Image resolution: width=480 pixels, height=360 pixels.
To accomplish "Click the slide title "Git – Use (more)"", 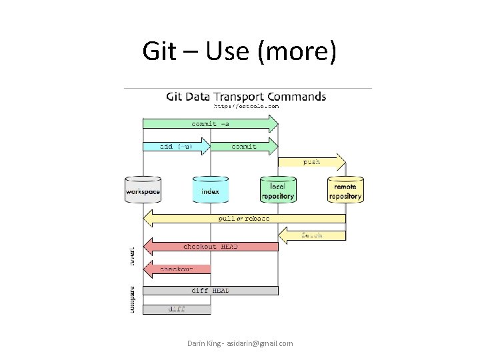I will click(239, 51).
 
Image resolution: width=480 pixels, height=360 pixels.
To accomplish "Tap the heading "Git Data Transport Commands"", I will click(246, 97).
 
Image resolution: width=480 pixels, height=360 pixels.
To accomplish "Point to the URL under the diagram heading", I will click(246, 106).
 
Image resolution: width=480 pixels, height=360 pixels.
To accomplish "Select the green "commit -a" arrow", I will click(210, 123).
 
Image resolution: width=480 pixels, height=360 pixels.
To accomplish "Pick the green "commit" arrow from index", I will click(243, 146).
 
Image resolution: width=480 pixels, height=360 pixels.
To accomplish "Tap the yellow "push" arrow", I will click(311, 162).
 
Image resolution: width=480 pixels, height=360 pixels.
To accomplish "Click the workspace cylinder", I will click(143, 189).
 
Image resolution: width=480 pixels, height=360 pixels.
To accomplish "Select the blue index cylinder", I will click(210, 189).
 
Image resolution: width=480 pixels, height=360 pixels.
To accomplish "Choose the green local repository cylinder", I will click(278, 189).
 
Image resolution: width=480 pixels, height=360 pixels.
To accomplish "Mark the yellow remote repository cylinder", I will click(345, 189).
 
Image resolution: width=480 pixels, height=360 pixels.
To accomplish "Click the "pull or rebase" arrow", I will click(245, 218).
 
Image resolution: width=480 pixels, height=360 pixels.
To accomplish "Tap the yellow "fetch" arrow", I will click(312, 235).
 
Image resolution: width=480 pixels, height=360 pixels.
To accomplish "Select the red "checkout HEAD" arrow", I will click(211, 247).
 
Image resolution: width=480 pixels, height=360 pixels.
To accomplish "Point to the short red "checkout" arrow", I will click(177, 269).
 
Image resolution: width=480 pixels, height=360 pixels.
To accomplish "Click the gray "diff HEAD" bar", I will click(211, 290).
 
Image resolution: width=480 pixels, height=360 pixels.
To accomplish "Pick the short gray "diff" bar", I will click(177, 309).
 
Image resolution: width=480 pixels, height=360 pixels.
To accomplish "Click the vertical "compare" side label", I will click(131, 300).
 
